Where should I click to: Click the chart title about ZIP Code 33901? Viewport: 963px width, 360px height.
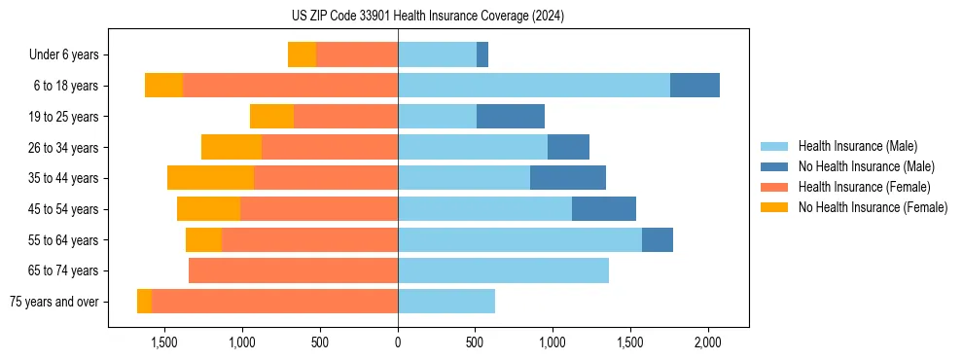point(428,16)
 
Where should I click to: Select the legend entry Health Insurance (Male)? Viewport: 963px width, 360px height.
point(857,146)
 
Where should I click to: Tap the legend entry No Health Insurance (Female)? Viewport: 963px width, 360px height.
point(873,207)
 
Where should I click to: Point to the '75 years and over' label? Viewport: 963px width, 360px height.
point(54,302)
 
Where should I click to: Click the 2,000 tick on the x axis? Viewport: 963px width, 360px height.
point(707,343)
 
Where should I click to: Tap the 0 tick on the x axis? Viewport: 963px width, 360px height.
point(398,343)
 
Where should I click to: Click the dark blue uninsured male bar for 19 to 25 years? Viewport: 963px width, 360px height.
point(510,117)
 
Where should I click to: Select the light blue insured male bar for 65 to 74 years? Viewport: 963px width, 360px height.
point(503,270)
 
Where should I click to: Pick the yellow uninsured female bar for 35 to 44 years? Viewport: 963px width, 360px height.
point(210,178)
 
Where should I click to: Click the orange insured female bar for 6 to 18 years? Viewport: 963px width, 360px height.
point(290,86)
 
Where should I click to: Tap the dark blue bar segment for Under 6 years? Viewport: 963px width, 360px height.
point(482,55)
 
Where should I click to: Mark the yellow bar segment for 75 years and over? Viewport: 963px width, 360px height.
point(144,302)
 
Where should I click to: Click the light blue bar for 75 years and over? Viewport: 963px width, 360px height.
point(446,302)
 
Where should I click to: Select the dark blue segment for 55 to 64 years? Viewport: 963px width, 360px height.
point(658,239)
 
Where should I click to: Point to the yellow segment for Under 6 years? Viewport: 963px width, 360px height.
point(302,55)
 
